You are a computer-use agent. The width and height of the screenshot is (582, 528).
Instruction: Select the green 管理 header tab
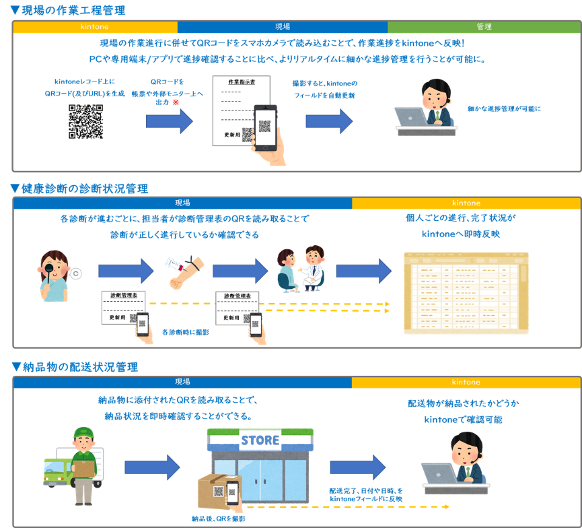(x=484, y=27)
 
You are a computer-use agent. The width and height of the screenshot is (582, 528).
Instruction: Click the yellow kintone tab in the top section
(x=95, y=27)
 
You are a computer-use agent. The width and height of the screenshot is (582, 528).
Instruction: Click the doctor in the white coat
(x=314, y=266)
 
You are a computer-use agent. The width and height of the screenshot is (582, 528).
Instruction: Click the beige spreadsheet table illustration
(x=466, y=293)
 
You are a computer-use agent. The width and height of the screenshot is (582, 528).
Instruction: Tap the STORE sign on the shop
(x=260, y=440)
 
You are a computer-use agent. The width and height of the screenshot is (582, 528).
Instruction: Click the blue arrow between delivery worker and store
(x=153, y=467)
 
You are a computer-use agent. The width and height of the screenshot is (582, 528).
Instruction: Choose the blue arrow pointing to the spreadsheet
(x=363, y=270)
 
